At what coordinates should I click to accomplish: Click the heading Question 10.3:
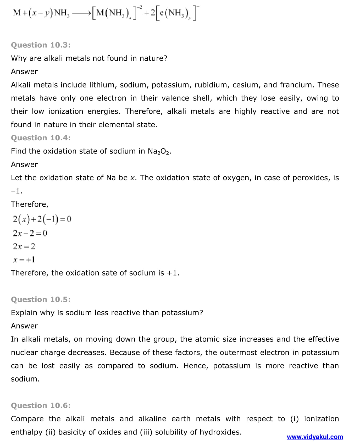(41, 45)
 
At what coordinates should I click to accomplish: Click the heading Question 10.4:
(41, 138)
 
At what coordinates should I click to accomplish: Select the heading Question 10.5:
(41, 299)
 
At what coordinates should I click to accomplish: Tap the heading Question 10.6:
(41, 405)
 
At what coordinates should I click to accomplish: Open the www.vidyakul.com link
(315, 437)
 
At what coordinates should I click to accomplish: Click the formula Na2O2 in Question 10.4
(159, 151)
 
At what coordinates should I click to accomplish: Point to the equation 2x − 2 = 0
(30, 233)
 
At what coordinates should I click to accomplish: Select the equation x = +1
(24, 260)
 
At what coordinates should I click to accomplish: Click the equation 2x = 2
(24, 246)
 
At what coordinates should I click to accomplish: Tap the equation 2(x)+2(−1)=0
(42, 219)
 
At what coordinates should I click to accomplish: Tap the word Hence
(195, 366)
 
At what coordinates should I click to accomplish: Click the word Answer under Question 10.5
(24, 326)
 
